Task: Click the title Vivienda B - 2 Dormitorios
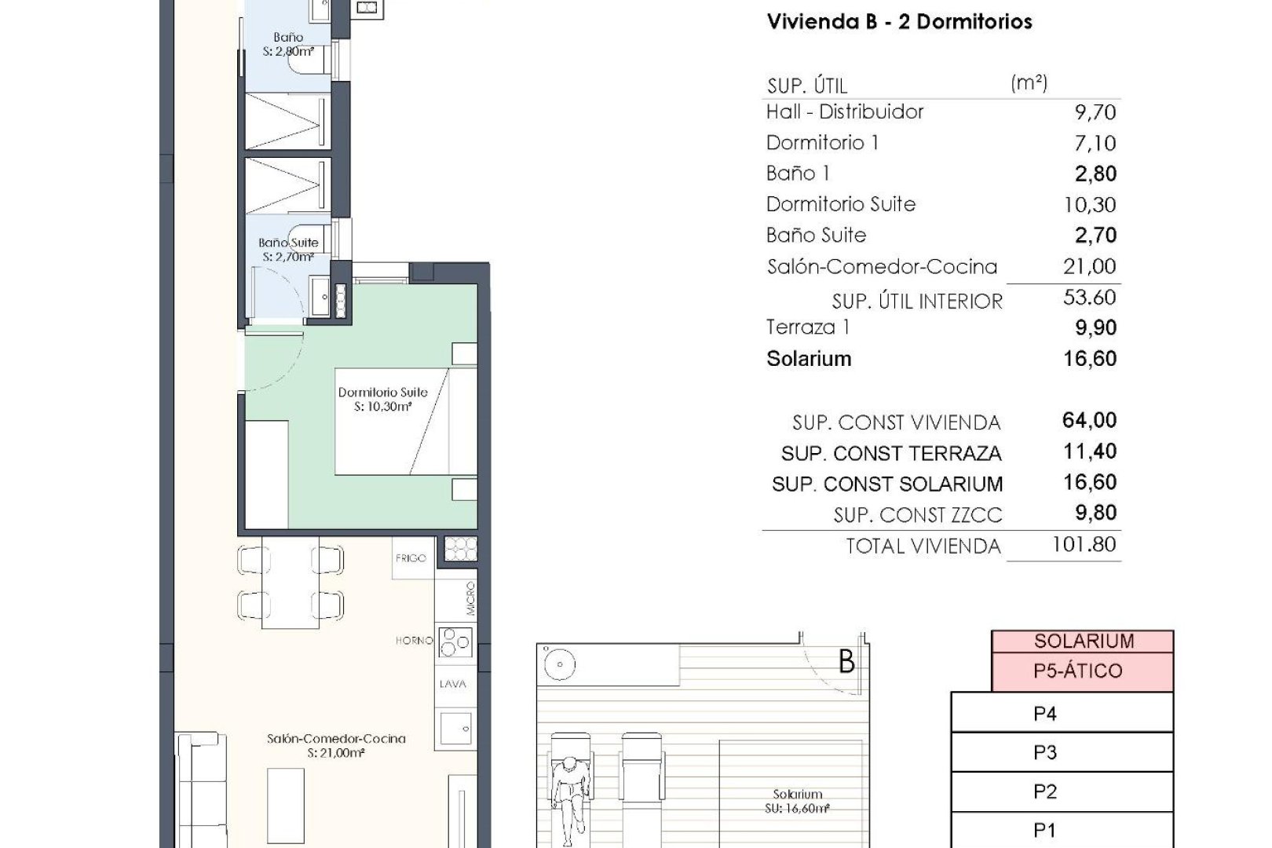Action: pyautogui.click(x=899, y=22)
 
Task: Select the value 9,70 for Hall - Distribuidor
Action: pyautogui.click(x=1095, y=112)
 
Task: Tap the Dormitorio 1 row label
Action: pyautogui.click(x=822, y=143)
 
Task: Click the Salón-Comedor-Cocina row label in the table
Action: pyautogui.click(x=882, y=267)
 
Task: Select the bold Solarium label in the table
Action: pyautogui.click(x=809, y=359)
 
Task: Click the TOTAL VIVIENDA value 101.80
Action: pyautogui.click(x=1084, y=545)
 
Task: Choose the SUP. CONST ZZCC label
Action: pyautogui.click(x=917, y=515)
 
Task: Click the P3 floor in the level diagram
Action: pyautogui.click(x=1044, y=753)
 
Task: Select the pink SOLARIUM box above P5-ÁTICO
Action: pyautogui.click(x=1083, y=641)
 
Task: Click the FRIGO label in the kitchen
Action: pyautogui.click(x=411, y=558)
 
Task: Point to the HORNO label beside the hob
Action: pyautogui.click(x=414, y=641)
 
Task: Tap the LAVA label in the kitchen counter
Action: pyautogui.click(x=453, y=684)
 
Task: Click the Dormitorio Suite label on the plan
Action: pyautogui.click(x=382, y=393)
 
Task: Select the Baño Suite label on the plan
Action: pyautogui.click(x=288, y=243)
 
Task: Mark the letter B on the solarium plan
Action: pyautogui.click(x=846, y=662)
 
